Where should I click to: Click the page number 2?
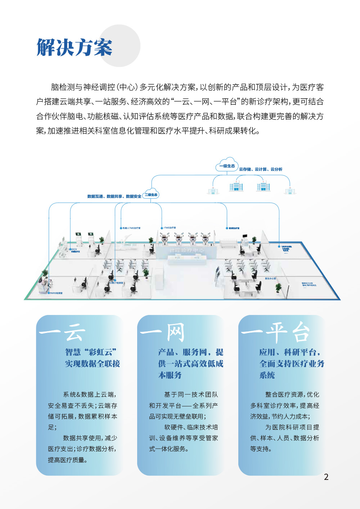[326, 477]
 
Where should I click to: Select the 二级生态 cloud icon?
[151, 194]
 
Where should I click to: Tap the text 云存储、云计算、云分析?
[261, 169]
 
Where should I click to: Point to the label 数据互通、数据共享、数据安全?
[114, 197]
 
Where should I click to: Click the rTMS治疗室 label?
[170, 228]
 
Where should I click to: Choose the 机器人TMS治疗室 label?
[131, 228]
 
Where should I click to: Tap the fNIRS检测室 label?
[56, 293]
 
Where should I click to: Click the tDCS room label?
[75, 250]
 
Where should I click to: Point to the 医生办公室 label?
[270, 278]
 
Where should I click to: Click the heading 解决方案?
[75, 48]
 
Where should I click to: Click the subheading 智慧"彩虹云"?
[91, 352]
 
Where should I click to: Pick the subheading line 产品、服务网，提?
[190, 352]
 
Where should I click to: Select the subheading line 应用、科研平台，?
[290, 352]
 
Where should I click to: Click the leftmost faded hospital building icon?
[213, 191]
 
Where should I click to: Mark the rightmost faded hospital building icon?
[290, 191]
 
